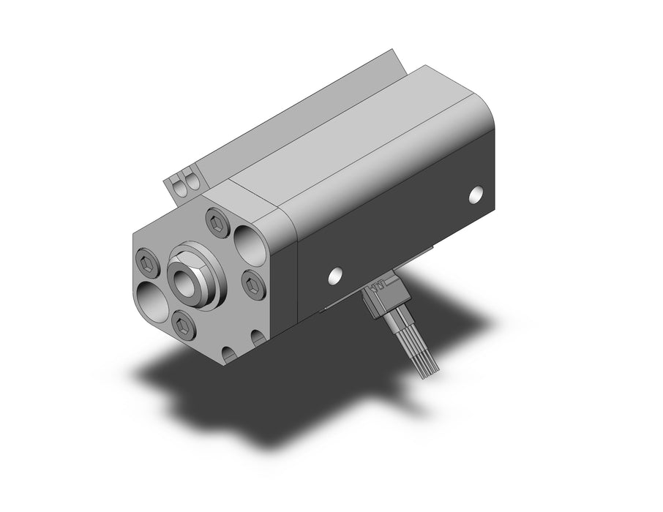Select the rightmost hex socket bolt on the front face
pyautogui.click(x=250, y=281)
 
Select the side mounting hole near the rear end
pyautogui.click(x=476, y=194)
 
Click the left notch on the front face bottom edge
pyautogui.click(x=229, y=355)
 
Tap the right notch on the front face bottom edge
pyautogui.click(x=258, y=339)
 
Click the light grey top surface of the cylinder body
pyautogui.click(x=366, y=146)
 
